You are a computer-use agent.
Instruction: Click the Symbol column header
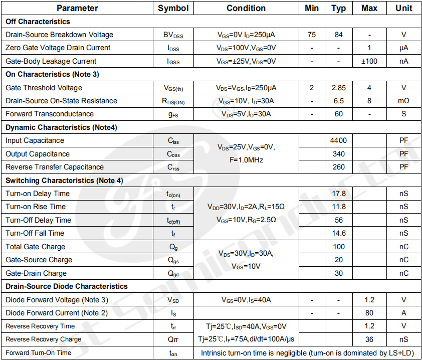[173, 8]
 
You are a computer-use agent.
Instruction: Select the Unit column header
[403, 8]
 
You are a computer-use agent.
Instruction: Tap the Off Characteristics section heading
[38, 22]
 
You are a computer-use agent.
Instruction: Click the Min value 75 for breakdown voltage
[312, 35]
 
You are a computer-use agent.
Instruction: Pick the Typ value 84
[339, 35]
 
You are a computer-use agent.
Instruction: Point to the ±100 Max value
[369, 61]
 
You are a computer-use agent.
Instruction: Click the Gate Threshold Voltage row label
[44, 88]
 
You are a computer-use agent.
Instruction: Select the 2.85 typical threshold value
[339, 88]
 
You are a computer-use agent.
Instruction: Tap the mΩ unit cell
[403, 101]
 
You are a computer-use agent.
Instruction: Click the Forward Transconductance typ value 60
[339, 114]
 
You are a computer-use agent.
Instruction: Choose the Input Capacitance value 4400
[339, 140]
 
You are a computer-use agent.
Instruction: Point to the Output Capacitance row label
[38, 154]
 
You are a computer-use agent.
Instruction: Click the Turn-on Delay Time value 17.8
[339, 194]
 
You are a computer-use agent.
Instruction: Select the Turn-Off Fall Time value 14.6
[339, 233]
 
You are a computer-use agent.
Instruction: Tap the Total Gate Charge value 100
[339, 247]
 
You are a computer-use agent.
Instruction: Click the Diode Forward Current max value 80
[369, 313]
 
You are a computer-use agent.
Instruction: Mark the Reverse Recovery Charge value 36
[369, 339]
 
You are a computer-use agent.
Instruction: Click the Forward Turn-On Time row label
[38, 352]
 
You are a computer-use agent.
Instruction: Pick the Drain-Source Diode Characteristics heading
[67, 286]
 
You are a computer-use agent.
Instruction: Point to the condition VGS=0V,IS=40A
[246, 300]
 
